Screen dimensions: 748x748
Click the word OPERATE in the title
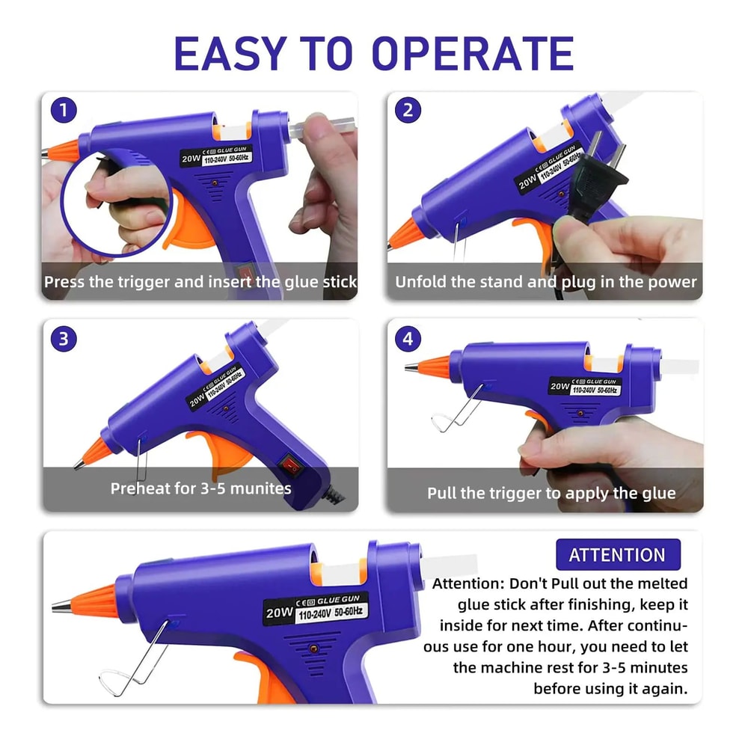tap(473, 53)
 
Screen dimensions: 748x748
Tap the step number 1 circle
tap(64, 111)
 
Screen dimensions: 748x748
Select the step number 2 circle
tap(408, 111)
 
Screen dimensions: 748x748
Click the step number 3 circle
tap(64, 339)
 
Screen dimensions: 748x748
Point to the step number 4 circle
tap(408, 339)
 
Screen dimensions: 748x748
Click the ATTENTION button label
tap(617, 555)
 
